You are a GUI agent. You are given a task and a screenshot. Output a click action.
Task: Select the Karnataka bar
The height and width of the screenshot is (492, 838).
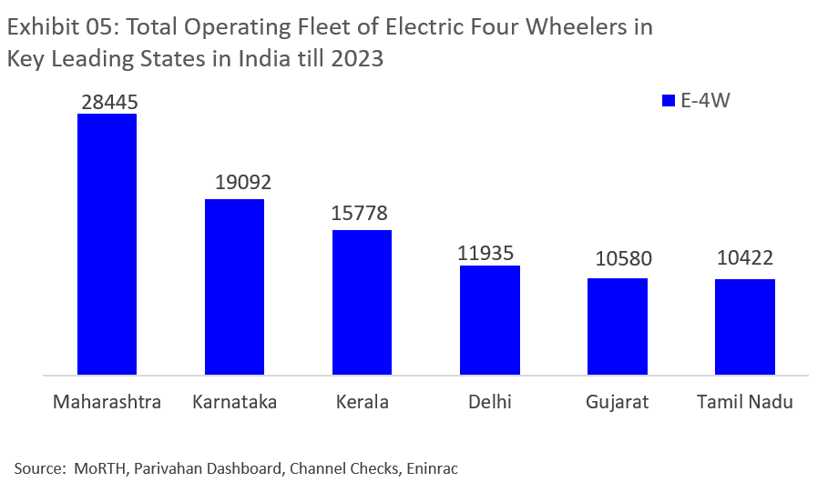click(x=234, y=286)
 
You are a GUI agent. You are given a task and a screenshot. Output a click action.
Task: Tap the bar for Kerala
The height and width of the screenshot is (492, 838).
click(x=362, y=302)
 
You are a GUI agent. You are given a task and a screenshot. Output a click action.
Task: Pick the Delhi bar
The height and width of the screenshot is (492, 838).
click(x=489, y=319)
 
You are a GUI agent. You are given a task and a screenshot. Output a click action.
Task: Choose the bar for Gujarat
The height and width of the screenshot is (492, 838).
click(x=617, y=326)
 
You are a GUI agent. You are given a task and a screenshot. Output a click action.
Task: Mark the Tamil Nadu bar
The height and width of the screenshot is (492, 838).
click(x=744, y=326)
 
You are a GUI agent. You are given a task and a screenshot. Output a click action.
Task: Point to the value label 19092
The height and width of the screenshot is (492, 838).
click(x=243, y=183)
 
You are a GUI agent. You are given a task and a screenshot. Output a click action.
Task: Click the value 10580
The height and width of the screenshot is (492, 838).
click(x=622, y=260)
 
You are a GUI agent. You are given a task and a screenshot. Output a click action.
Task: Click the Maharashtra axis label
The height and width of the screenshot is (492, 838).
click(x=107, y=401)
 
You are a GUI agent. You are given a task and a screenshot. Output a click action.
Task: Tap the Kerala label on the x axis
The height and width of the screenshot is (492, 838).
click(x=362, y=401)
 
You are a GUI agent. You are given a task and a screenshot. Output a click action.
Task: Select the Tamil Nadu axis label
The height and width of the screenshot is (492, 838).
click(x=744, y=401)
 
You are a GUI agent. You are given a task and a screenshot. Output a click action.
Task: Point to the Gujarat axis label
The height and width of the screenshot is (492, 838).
click(x=617, y=401)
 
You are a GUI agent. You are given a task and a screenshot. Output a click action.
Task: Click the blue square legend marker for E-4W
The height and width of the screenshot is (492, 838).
click(x=668, y=101)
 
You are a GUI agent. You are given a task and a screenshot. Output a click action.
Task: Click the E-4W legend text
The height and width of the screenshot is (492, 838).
click(x=706, y=101)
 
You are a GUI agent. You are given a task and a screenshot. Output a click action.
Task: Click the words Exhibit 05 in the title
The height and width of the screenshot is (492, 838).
click(x=61, y=27)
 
